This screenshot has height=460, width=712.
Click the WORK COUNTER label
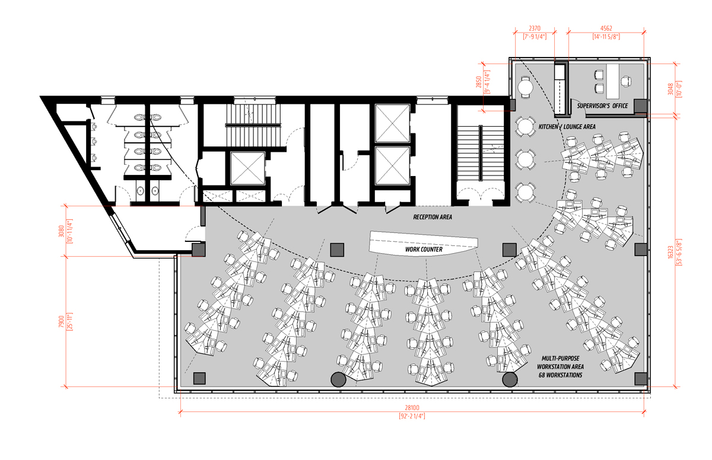click(x=424, y=250)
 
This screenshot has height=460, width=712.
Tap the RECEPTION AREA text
click(x=433, y=217)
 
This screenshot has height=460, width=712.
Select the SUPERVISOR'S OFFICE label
click(x=602, y=106)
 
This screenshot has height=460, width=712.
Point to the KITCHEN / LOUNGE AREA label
click(x=567, y=127)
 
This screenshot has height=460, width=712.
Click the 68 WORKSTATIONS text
click(x=560, y=375)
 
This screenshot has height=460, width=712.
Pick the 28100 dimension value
click(x=412, y=408)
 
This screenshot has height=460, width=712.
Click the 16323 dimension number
click(x=670, y=252)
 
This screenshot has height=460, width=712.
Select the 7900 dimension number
click(x=61, y=321)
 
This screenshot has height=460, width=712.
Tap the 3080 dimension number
click(x=61, y=231)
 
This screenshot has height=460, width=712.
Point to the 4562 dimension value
click(x=606, y=28)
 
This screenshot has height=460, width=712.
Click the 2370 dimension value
click(x=535, y=28)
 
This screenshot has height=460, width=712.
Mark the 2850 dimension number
click(x=479, y=82)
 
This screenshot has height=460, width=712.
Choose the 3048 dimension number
click(x=670, y=89)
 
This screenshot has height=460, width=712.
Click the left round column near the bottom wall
click(x=338, y=380)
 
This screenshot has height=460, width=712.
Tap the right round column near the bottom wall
click(x=510, y=380)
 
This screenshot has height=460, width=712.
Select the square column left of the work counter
click(x=337, y=250)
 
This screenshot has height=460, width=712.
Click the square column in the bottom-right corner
click(x=640, y=378)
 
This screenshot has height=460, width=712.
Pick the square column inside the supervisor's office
click(x=640, y=106)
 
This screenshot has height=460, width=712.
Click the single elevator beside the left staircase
click(x=247, y=168)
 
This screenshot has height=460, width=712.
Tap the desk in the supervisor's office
click(x=613, y=81)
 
